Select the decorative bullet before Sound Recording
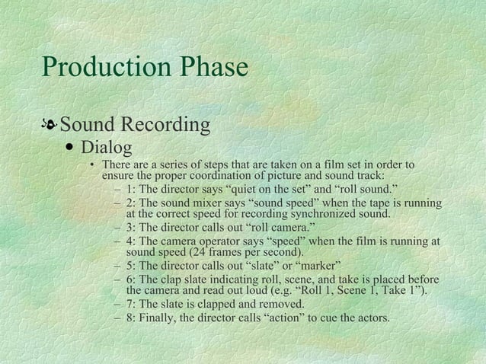(50, 124)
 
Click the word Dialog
(107, 145)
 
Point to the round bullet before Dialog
(70, 146)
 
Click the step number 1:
(132, 189)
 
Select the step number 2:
(132, 203)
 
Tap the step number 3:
(132, 228)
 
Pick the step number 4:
(132, 241)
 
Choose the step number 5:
(132, 266)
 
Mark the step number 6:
(132, 279)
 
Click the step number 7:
(132, 304)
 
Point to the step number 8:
(132, 317)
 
